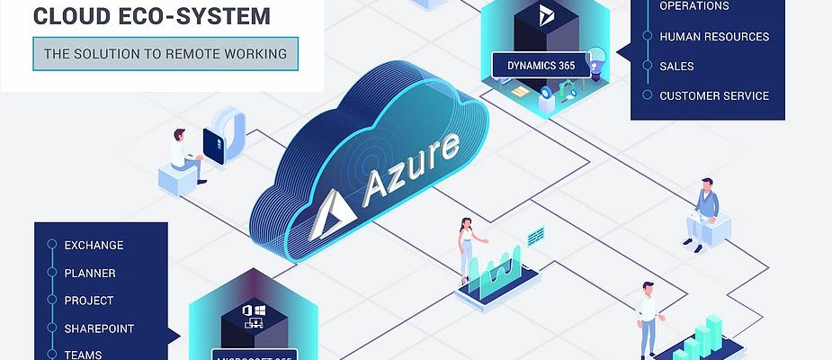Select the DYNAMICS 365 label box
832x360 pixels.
tap(541, 65)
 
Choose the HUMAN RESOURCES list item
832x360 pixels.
tap(714, 37)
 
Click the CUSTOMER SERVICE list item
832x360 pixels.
tap(714, 95)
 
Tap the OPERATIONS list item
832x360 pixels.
tap(694, 6)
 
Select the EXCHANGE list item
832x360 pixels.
tap(94, 245)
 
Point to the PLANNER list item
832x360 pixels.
tap(90, 273)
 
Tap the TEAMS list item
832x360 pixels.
tap(83, 355)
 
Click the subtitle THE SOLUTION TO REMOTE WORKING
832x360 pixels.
tap(166, 54)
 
